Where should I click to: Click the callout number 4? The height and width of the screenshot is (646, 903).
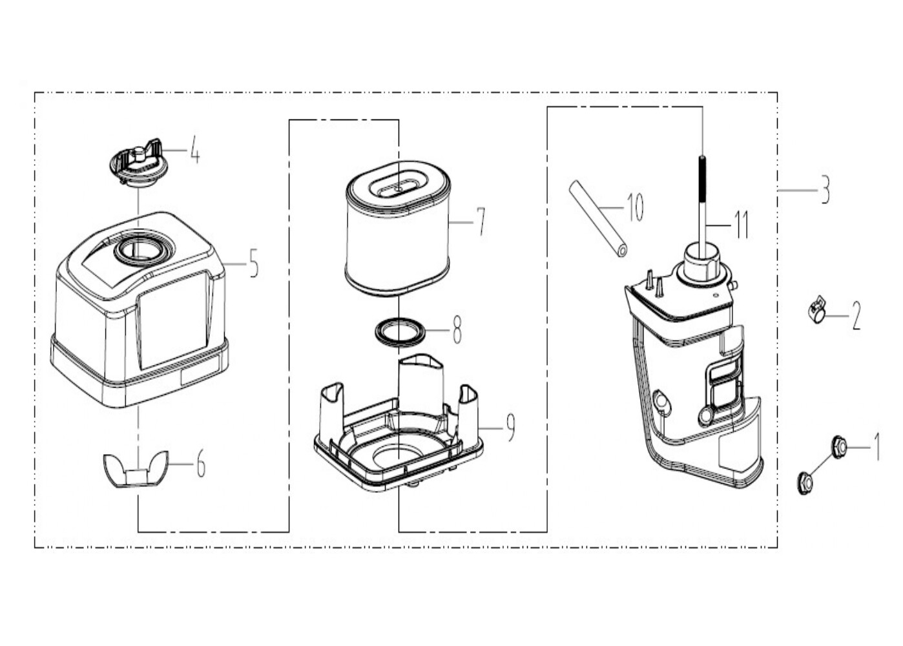coord(195,150)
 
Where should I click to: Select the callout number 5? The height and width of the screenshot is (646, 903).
coord(254,263)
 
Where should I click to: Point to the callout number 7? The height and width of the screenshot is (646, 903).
coord(481,222)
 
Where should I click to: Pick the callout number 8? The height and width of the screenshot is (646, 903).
coord(457,329)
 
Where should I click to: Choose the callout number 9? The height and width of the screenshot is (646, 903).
coord(510,428)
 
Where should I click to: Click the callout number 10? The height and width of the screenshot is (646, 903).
coord(634,207)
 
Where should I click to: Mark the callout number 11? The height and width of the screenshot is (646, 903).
coord(742,225)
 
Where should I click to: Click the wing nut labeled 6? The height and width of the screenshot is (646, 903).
coord(136,469)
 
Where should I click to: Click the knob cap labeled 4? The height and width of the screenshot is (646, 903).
coord(138,165)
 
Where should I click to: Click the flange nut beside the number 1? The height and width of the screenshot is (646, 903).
coord(839,446)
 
